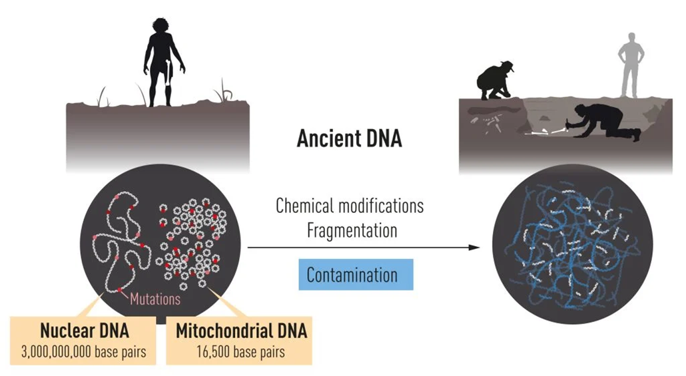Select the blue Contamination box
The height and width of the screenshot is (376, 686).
(x=352, y=275)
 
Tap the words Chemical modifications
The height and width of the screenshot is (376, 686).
(x=350, y=205)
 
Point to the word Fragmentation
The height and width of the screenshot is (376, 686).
(x=352, y=230)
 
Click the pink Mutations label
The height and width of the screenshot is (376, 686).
(x=155, y=299)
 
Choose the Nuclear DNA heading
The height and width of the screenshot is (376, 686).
(x=83, y=331)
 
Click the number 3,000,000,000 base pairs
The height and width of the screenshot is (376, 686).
(x=83, y=351)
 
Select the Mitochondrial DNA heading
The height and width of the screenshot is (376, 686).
(x=241, y=331)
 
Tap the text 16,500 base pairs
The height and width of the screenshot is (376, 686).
(x=241, y=351)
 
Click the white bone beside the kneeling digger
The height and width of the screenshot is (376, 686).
(x=546, y=133)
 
